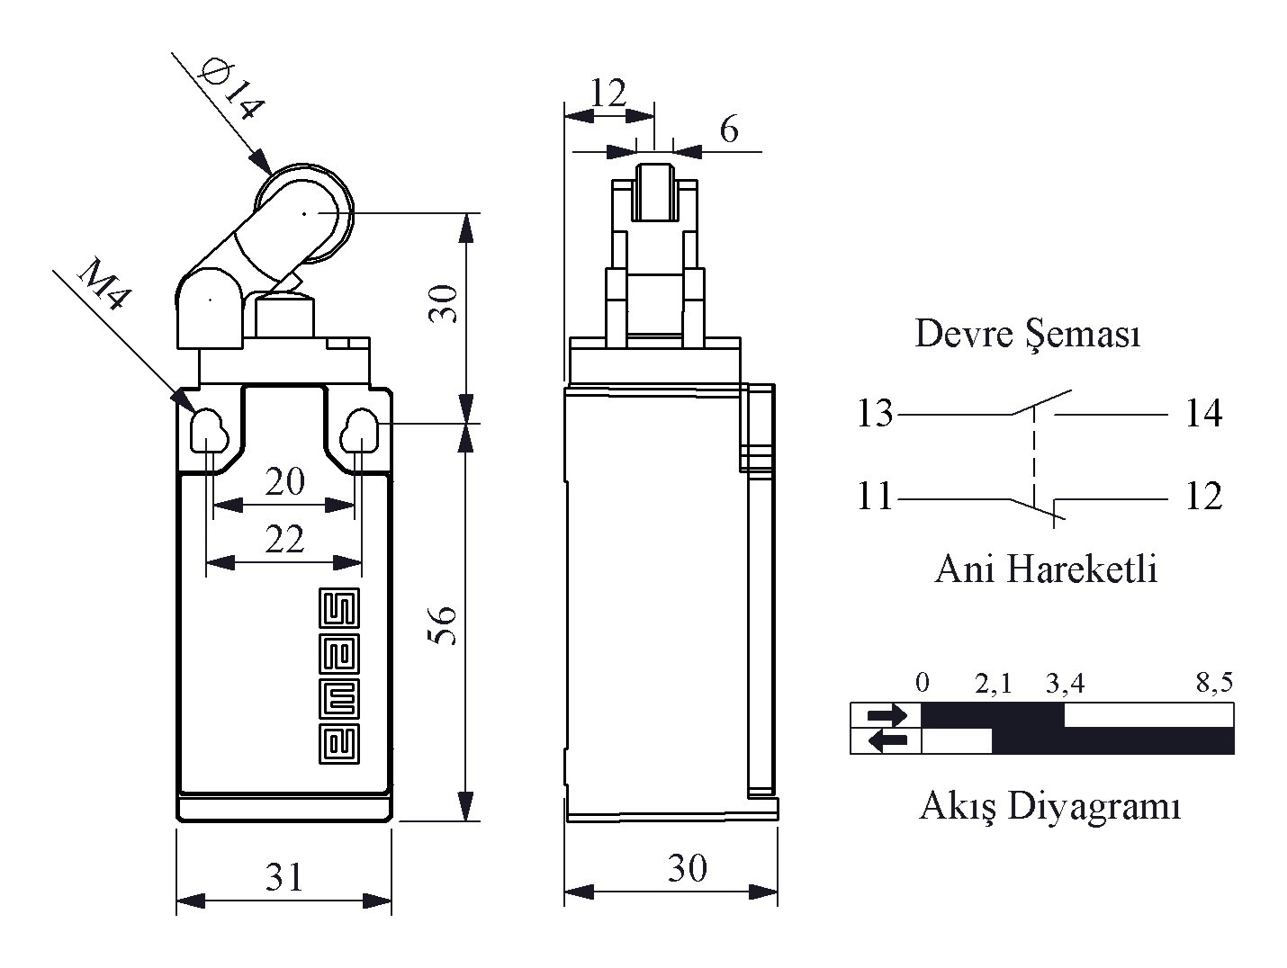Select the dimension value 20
(284, 482)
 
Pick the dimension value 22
(284, 540)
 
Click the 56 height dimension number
(444, 624)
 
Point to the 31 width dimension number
(284, 876)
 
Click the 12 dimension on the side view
(608, 93)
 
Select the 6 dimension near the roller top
(729, 130)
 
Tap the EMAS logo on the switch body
(340, 677)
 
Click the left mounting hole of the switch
(208, 430)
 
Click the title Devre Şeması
(1028, 334)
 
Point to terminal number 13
(874, 414)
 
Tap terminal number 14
(1203, 414)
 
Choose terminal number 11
(874, 497)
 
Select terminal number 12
(1203, 497)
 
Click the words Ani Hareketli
(1046, 569)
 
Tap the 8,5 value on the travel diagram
(1214, 683)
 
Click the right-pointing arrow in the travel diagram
(887, 716)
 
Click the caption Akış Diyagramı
(1049, 805)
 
